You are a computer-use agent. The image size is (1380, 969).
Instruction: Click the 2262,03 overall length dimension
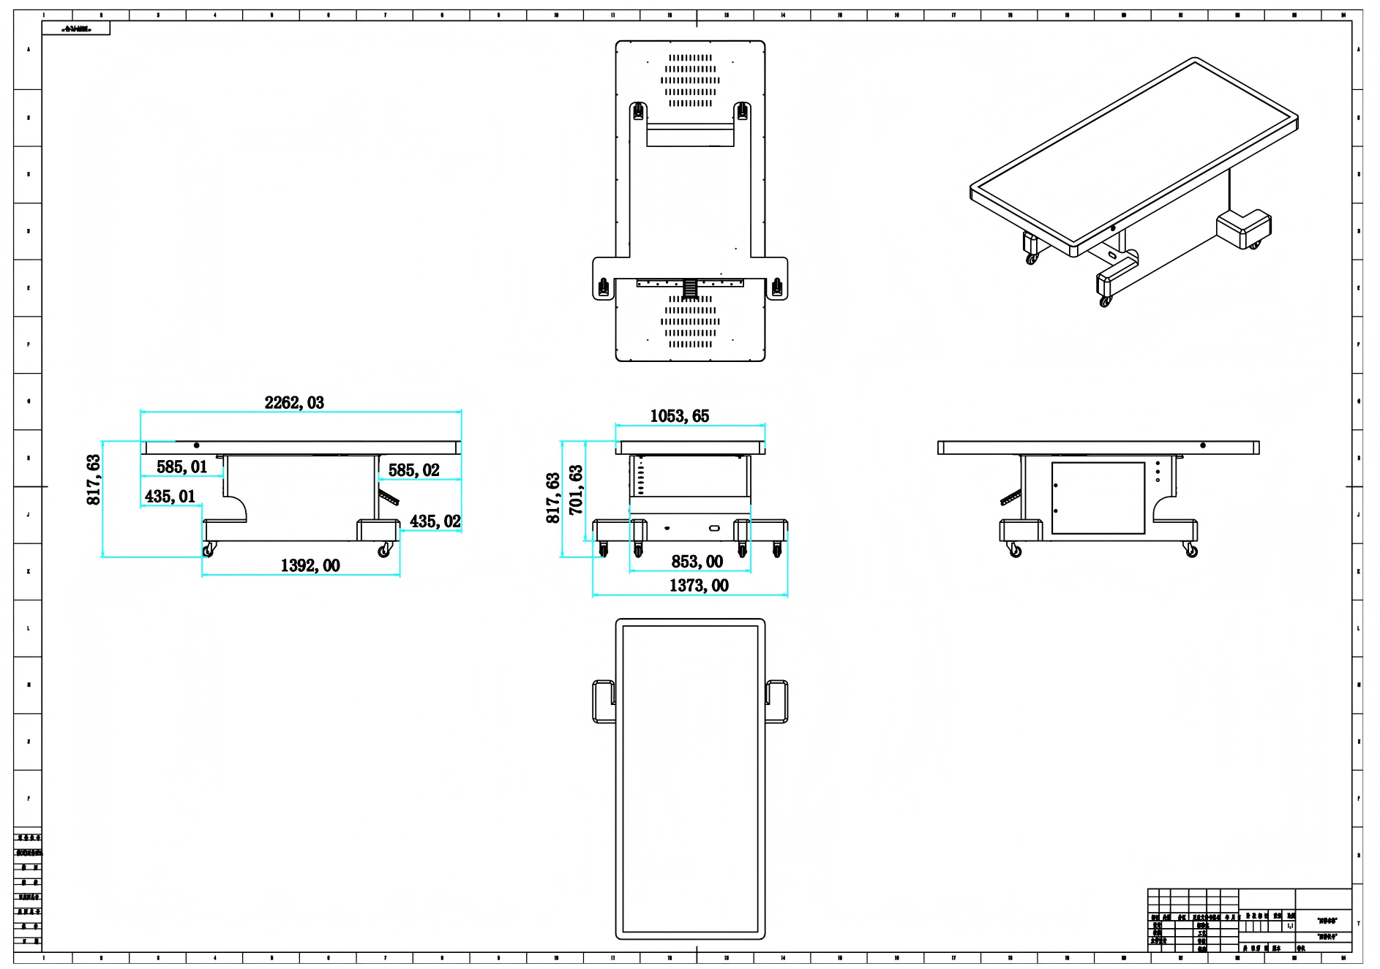[294, 403]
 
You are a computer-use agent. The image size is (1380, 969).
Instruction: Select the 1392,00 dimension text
[310, 566]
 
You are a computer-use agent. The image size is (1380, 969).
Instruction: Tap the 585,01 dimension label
[181, 467]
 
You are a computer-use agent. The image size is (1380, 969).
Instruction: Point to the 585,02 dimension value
[414, 470]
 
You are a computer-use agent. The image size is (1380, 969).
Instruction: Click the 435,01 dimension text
[170, 497]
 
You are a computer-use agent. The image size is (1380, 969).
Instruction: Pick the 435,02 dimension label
[435, 521]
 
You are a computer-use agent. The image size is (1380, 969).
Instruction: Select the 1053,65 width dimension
[680, 416]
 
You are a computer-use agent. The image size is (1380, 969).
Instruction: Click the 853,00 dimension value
[697, 562]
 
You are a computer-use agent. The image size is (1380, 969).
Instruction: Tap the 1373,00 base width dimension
[699, 586]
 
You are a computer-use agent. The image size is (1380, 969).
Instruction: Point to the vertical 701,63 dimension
[577, 490]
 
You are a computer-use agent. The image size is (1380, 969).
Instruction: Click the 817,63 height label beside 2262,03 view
[94, 480]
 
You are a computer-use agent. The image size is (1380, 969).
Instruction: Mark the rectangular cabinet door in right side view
[1098, 498]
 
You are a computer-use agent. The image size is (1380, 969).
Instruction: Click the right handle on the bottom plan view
[778, 701]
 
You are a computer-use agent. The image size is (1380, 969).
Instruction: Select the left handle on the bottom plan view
[603, 701]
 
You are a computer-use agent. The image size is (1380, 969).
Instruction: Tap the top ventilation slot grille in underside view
[690, 80]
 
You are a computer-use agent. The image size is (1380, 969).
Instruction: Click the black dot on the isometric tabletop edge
[1113, 228]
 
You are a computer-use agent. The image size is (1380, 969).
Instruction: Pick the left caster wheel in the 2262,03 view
[209, 550]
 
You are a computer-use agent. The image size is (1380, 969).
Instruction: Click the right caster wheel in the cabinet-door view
[1191, 551]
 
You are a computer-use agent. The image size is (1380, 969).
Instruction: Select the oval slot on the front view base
[714, 528]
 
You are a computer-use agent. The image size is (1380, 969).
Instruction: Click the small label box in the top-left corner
[76, 29]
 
